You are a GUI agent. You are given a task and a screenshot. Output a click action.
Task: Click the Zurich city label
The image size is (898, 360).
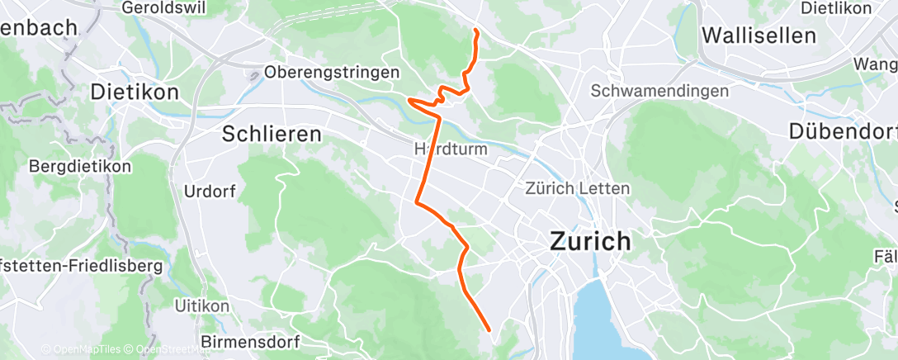pos(590,242)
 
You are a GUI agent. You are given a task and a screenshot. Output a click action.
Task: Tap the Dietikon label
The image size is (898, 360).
pos(135,92)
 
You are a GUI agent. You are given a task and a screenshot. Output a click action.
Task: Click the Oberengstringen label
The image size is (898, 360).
pos(332,73)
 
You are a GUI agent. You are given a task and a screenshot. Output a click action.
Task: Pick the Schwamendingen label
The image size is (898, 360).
pos(659,91)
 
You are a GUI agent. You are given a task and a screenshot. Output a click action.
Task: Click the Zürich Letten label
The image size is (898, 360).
pos(578,188)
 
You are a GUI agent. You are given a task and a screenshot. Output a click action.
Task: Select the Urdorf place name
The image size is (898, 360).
pos(210,192)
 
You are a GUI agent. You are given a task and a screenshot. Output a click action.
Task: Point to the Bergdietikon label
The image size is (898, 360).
pos(80,167)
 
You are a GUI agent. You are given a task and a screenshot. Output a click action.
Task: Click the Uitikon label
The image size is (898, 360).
pos(196,306)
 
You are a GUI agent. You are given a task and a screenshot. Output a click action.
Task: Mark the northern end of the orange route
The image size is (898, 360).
pos(476,31)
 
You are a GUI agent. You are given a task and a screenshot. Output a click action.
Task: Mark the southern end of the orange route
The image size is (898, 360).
pos(490,330)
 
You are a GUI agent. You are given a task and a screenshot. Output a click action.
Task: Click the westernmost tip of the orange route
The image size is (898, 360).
pos(409,100)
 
